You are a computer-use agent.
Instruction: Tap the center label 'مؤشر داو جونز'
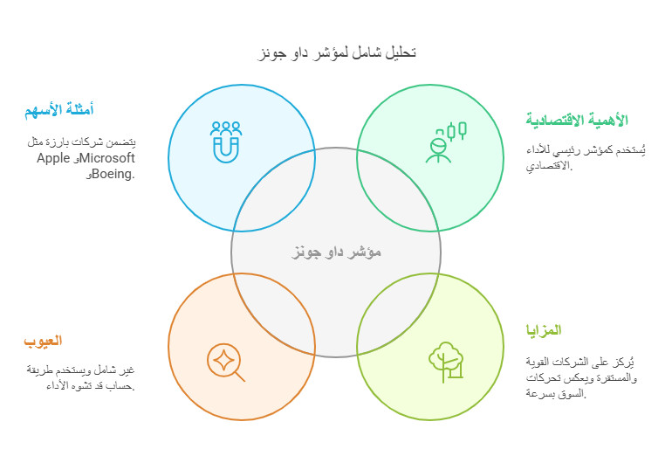point(336,252)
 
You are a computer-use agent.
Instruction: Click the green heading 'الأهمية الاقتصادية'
point(576,120)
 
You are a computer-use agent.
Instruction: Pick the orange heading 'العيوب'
point(43,341)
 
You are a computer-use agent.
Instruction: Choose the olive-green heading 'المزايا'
point(543,330)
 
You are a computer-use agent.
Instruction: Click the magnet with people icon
point(226,142)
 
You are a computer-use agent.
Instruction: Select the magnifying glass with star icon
point(226,361)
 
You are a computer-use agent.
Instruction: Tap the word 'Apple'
point(54,158)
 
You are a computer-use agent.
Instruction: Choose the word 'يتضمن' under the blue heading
point(124,142)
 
